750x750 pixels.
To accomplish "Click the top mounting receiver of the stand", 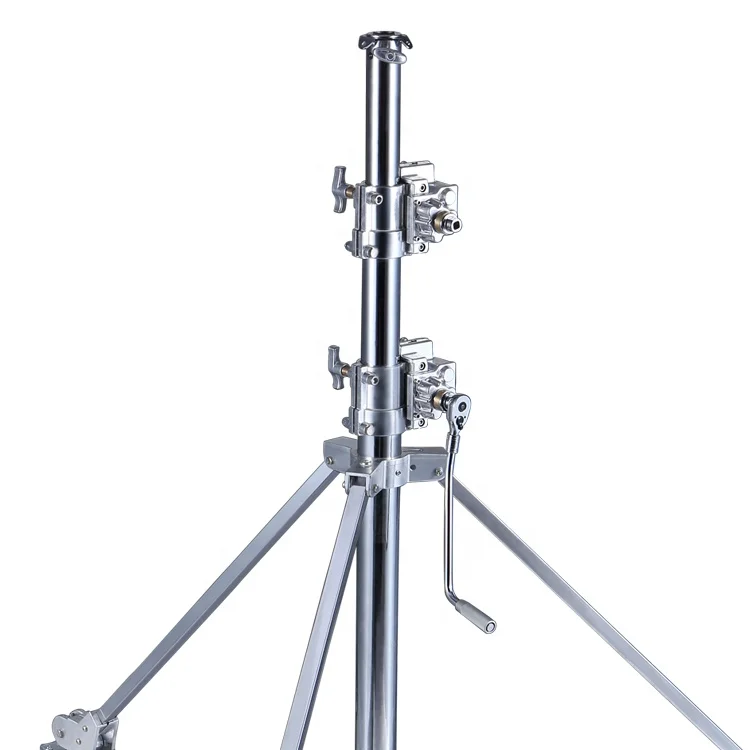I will (x=385, y=41).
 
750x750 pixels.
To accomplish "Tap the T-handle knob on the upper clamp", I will (x=341, y=188).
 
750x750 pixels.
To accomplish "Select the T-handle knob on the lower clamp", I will (x=337, y=367).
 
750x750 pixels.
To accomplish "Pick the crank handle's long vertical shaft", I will (x=450, y=510).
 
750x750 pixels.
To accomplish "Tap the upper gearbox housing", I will (x=429, y=208).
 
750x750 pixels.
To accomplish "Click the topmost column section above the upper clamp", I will (x=383, y=110).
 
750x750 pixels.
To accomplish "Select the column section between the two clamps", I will (x=383, y=295).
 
